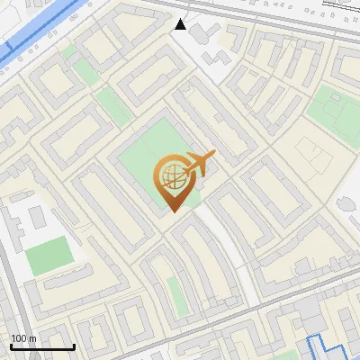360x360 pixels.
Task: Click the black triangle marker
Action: tap(182, 24)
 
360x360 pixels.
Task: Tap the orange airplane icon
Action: tap(198, 165)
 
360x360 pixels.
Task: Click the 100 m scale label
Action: tap(23, 338)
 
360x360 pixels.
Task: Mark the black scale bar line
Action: tap(42, 346)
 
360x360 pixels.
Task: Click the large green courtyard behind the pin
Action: tap(153, 153)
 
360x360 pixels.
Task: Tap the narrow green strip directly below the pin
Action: tap(175, 290)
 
